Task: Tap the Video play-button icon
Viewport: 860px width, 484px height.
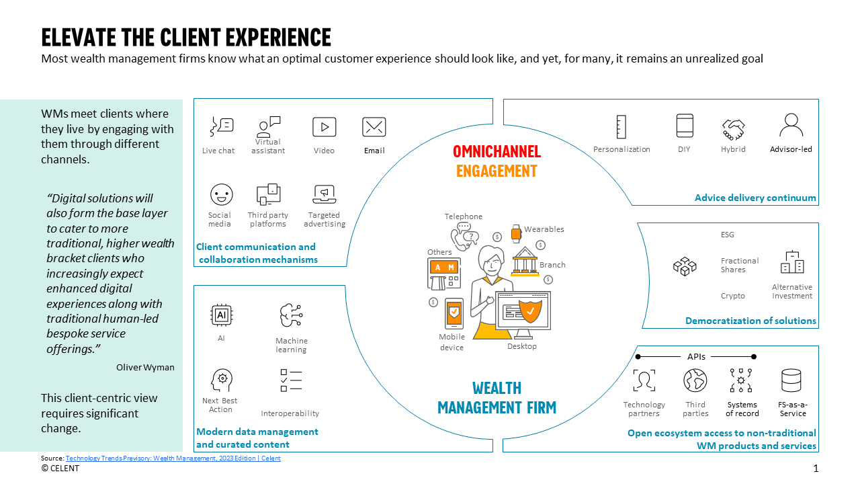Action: pos(324,126)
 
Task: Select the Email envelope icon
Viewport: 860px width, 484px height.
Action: pos(374,126)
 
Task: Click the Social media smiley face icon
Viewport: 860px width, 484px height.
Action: pos(221,194)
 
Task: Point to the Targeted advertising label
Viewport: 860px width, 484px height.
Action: pos(324,219)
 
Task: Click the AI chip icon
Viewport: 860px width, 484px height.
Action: pos(221,314)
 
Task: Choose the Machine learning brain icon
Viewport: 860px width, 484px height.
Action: pos(292,315)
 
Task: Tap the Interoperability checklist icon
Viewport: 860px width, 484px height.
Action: pos(291,380)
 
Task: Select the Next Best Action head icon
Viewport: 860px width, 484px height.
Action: pos(221,380)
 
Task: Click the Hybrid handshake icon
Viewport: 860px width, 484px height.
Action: pos(733,127)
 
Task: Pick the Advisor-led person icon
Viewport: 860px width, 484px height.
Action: pos(791,125)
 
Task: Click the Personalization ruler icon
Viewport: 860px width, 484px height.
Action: pos(621,126)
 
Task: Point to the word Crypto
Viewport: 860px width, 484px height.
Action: pos(732,296)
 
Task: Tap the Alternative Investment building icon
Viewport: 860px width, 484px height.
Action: pos(792,262)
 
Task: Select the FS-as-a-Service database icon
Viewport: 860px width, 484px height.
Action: pos(791,380)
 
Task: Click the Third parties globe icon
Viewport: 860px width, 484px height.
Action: pos(695,380)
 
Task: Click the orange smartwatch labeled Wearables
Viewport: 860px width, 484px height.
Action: pos(516,233)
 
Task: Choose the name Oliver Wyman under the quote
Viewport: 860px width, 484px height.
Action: pos(145,367)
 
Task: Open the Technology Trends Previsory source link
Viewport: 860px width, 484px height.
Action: pos(173,458)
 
